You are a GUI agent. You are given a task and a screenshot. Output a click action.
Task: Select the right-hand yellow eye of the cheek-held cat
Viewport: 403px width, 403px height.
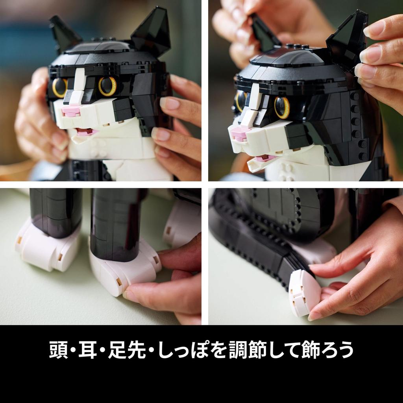pos(107,86)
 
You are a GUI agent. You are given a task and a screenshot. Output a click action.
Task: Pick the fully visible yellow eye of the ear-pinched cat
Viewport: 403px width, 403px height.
pos(282,107)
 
